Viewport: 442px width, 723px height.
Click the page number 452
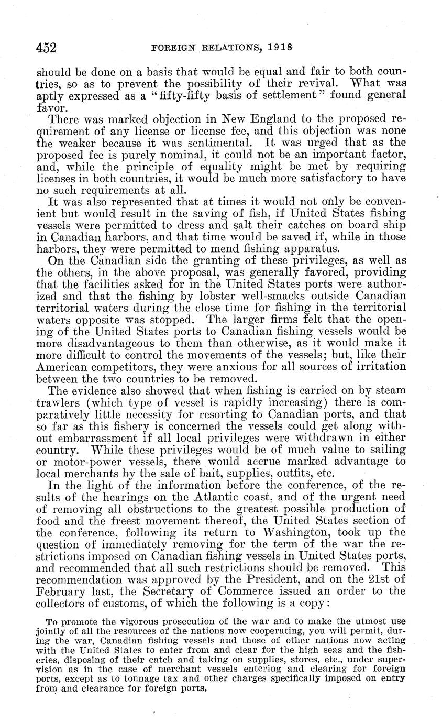pos(46,48)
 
